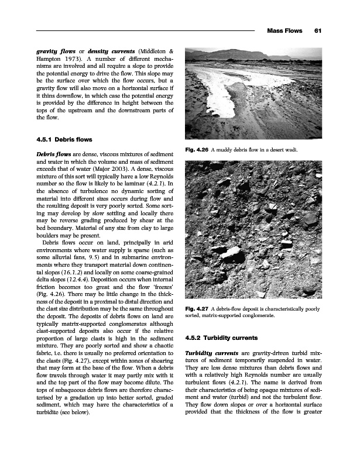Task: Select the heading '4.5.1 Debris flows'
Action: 64,139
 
